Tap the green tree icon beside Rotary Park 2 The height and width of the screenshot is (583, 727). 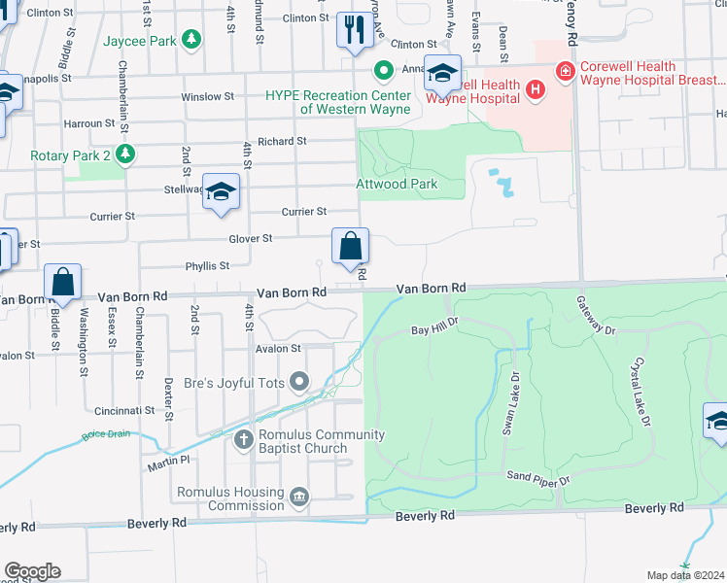coord(124,154)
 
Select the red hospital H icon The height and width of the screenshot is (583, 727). coord(533,90)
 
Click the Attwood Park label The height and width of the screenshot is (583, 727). coord(397,184)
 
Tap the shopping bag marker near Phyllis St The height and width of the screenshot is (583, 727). coord(349,246)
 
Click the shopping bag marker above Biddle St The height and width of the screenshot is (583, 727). coord(62,284)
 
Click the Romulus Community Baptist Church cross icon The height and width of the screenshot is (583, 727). coord(243,440)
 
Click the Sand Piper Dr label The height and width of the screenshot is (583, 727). coord(543,476)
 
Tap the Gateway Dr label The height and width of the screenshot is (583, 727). coord(595,317)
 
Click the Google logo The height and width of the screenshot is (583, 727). coord(32,571)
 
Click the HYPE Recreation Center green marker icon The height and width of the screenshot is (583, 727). coord(384,69)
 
